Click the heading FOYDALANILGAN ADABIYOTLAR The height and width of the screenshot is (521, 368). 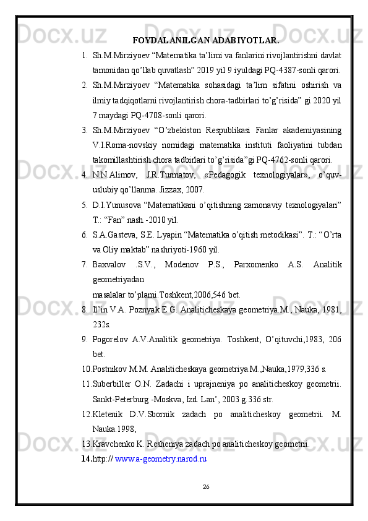pos(205,41)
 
